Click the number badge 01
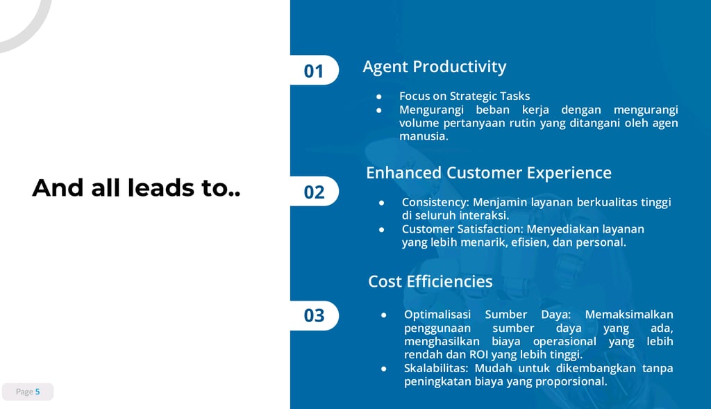(314, 70)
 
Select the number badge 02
(314, 192)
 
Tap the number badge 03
(314, 315)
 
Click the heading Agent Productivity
(435, 67)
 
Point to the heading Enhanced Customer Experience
(489, 173)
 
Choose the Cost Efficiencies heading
(430, 281)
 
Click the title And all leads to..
(136, 187)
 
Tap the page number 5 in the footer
(37, 392)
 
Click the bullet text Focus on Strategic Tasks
(465, 96)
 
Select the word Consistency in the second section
(435, 202)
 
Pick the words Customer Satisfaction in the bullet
(461, 229)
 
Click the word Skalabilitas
(435, 368)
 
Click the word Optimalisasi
(437, 315)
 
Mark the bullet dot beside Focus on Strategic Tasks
(378, 97)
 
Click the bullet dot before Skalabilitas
(383, 369)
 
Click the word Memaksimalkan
(629, 315)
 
